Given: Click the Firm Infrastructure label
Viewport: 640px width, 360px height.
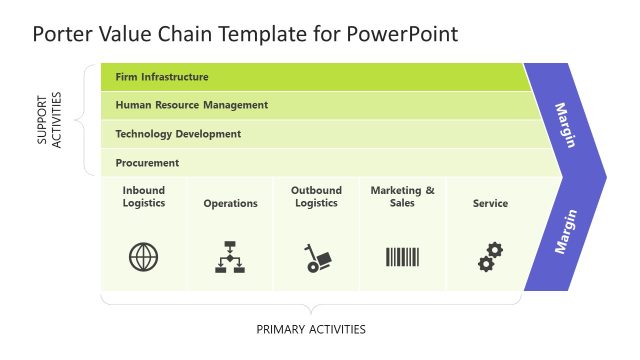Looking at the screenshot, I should click(162, 76).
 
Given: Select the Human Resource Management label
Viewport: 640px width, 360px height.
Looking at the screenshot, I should click(191, 105).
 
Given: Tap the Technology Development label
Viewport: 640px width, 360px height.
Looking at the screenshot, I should click(178, 134).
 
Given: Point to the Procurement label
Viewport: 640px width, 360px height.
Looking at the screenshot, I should click(147, 162).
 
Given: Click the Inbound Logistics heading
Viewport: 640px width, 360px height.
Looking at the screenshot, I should click(144, 196).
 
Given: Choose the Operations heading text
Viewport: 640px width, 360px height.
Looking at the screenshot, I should click(230, 203).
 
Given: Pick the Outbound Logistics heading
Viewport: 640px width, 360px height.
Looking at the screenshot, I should click(316, 196).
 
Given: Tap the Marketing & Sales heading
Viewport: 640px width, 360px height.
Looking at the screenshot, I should click(403, 196).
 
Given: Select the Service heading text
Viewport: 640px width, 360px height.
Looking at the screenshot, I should click(490, 203).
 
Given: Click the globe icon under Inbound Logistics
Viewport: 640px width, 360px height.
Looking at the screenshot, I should click(144, 257).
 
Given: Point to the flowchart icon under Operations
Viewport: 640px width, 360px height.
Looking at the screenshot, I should click(230, 257).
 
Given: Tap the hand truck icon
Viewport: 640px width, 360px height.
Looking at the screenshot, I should click(317, 258).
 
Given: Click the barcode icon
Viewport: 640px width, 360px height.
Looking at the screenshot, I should click(403, 257).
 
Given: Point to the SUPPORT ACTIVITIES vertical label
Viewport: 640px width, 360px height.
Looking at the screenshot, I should click(49, 120).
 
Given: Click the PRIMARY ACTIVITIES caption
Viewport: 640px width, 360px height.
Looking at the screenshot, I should click(311, 329).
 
